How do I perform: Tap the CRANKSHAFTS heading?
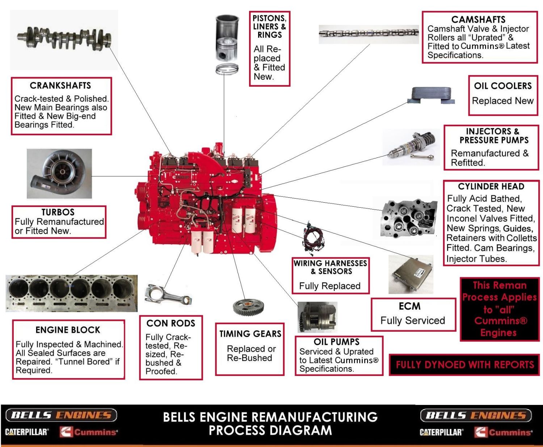[x=60, y=86]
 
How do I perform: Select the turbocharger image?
[x=59, y=174]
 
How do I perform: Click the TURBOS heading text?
[x=58, y=212]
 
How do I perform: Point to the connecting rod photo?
[x=168, y=295]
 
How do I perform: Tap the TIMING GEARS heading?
[x=250, y=334]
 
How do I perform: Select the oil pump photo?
[x=317, y=317]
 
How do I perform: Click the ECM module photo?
[x=411, y=274]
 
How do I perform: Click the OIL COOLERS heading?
[x=503, y=86]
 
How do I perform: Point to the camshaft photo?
[x=369, y=33]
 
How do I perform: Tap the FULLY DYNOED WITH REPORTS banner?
[x=464, y=365]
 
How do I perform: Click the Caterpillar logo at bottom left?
[x=26, y=432]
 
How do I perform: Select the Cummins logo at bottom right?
[x=504, y=432]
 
